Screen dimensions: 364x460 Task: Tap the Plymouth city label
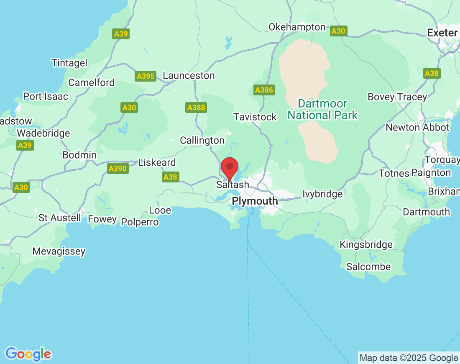(x=255, y=201)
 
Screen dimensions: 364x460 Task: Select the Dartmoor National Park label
(x=323, y=110)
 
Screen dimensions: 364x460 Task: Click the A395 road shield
(x=146, y=76)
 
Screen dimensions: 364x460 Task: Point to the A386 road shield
(x=264, y=90)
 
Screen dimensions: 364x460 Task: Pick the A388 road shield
(x=196, y=108)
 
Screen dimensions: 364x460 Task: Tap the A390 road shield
(x=118, y=169)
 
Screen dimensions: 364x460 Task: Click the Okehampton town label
(x=297, y=27)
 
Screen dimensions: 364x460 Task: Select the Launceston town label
(x=189, y=76)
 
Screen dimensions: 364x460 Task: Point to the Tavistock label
(x=255, y=117)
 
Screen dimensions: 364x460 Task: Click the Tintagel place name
(x=69, y=63)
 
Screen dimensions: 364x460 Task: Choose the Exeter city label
(x=442, y=33)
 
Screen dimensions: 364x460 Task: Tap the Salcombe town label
(x=368, y=267)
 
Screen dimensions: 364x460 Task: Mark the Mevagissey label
(x=59, y=251)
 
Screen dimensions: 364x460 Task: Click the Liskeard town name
(x=157, y=163)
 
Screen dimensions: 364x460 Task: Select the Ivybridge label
(x=322, y=194)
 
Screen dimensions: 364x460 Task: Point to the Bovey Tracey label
(x=397, y=97)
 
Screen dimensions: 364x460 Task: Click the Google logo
(x=28, y=354)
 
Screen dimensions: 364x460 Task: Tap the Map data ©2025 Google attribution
(x=409, y=358)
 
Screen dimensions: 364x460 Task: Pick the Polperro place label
(x=140, y=222)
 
